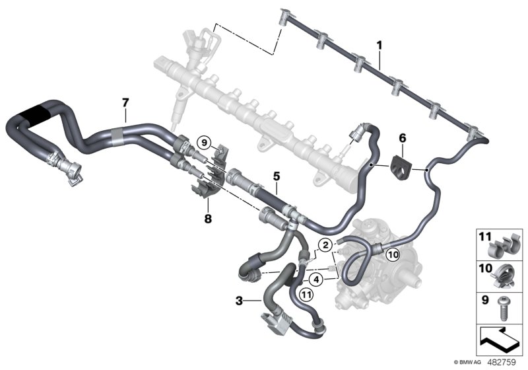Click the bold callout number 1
tap(379, 46)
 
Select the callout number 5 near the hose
tap(277, 177)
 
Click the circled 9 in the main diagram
tap(205, 141)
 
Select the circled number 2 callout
tap(324, 245)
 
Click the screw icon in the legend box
tap(504, 306)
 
